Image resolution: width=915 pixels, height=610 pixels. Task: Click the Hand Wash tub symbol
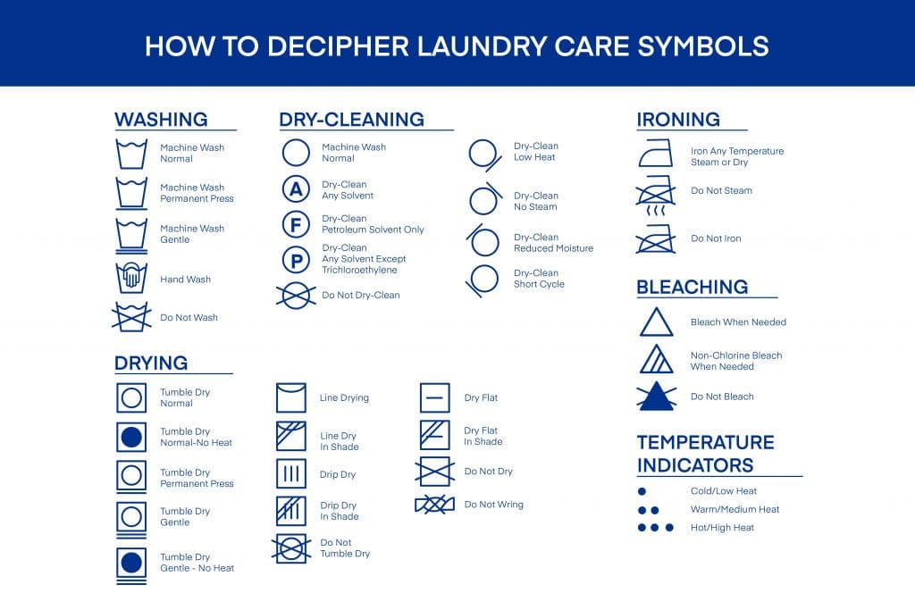click(x=131, y=278)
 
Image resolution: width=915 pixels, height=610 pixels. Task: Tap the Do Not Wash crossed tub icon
click(x=131, y=317)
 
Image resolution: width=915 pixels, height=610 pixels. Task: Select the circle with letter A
click(x=296, y=189)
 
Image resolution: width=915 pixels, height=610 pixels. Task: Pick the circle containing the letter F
click(x=296, y=224)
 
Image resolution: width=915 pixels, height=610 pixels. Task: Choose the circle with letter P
click(x=296, y=260)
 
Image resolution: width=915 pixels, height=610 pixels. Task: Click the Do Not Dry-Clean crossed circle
click(x=296, y=295)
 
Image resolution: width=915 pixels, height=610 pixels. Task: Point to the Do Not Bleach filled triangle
click(x=657, y=397)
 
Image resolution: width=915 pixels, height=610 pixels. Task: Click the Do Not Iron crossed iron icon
click(x=656, y=239)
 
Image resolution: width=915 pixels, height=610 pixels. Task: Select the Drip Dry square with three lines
click(x=291, y=473)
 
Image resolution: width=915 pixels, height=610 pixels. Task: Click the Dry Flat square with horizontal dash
click(x=435, y=397)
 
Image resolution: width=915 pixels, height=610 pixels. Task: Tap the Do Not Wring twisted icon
click(x=435, y=505)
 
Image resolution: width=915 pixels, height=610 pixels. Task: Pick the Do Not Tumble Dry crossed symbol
click(x=291, y=548)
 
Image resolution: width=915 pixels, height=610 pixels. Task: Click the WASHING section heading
click(x=161, y=120)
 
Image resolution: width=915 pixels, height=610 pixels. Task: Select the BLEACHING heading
click(x=693, y=287)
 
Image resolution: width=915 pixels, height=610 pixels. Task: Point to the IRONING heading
click(x=678, y=120)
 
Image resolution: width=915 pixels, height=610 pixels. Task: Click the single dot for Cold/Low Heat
click(x=642, y=491)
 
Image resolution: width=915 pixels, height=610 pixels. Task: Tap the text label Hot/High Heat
click(x=722, y=528)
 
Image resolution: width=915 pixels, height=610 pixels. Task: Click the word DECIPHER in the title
click(x=338, y=46)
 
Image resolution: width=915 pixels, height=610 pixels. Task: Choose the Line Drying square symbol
click(x=291, y=397)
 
